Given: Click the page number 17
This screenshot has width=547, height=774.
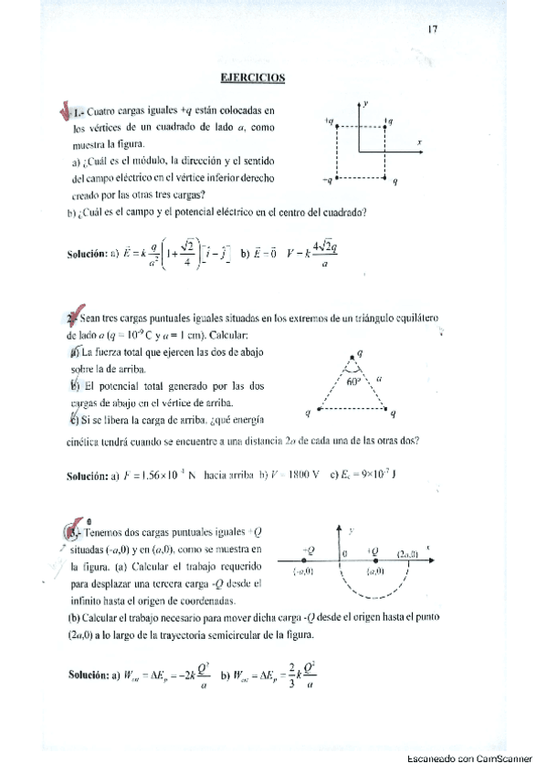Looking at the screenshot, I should tap(433, 29).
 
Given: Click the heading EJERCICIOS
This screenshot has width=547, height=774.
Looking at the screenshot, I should tap(254, 78).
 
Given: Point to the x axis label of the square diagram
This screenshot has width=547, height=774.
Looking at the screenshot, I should tap(419, 143).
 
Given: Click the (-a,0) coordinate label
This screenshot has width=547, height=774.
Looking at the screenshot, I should tap(303, 571).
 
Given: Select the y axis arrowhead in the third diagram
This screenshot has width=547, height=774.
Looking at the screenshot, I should tap(340, 529).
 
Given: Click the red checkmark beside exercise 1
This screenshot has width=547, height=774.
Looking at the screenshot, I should tap(65, 112).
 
